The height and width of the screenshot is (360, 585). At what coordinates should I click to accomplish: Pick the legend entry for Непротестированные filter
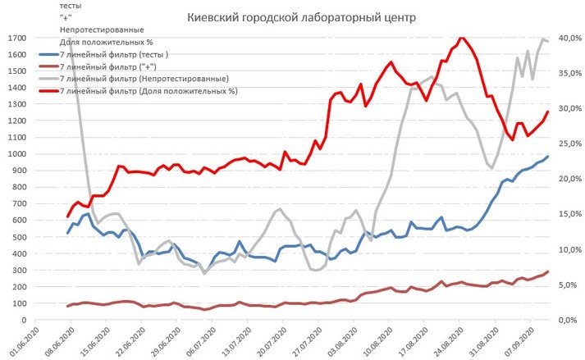144,79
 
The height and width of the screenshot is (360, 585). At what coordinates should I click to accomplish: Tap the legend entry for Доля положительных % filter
148,91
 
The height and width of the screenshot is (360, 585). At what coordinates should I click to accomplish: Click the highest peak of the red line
462,37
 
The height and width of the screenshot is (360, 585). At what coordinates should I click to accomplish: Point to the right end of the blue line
547,157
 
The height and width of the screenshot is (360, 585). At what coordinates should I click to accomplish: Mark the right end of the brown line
547,271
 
